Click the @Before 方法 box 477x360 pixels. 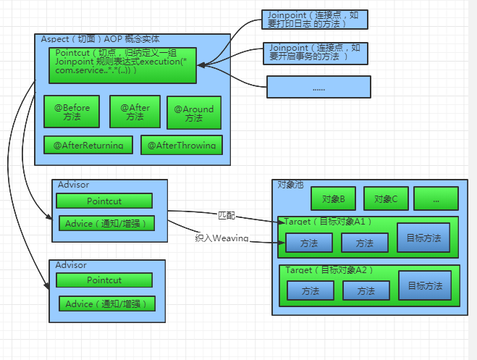(72, 112)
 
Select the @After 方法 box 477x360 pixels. (135, 112)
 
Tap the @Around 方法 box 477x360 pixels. (194, 113)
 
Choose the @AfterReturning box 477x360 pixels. (88, 145)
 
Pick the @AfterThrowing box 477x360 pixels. (182, 145)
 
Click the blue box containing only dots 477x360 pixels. (318, 87)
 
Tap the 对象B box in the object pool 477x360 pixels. (333, 198)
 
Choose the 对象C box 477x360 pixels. (386, 198)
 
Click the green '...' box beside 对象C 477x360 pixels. (436, 198)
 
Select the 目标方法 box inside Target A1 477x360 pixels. (423, 238)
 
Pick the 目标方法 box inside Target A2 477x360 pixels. (424, 285)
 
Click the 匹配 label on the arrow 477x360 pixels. (227, 215)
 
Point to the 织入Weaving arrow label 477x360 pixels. (221, 238)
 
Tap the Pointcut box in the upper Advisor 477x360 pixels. (104, 201)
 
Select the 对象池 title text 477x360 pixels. (290, 185)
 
